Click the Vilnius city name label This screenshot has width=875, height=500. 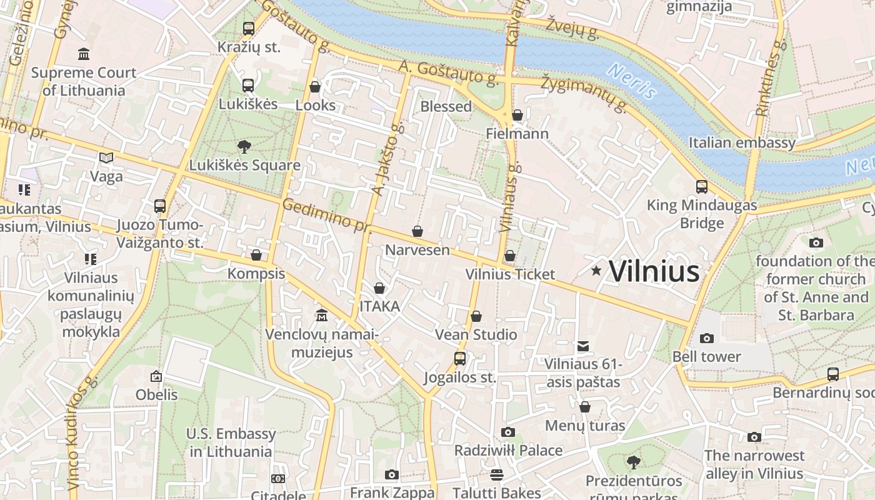(654, 271)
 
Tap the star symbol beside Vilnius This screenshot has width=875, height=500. (596, 270)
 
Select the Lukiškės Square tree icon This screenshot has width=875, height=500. (244, 147)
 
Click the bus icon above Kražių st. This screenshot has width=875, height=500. (248, 29)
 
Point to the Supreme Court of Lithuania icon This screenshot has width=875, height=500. (83, 54)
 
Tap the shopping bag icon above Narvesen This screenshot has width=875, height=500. (417, 232)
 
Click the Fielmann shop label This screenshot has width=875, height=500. (517, 134)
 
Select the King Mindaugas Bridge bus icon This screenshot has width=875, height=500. (702, 187)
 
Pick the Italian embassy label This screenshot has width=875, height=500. (742, 142)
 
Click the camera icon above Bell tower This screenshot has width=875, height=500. (707, 338)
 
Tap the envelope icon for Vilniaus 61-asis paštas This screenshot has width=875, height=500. (583, 346)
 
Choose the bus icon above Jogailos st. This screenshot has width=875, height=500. (460, 359)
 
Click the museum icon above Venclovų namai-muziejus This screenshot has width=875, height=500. (322, 314)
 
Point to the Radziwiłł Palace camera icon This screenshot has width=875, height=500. (507, 432)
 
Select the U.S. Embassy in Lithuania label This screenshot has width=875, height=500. (231, 442)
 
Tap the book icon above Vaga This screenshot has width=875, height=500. (106, 158)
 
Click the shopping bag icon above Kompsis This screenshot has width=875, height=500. (256, 255)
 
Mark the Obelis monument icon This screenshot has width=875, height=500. (156, 376)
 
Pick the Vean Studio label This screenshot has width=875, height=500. (476, 334)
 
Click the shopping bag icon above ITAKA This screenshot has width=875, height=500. (379, 288)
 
